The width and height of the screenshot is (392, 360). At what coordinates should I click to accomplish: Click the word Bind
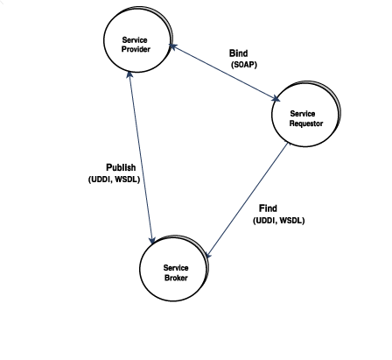tap(239, 53)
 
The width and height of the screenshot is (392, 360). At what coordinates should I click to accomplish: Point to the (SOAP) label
tap(244, 65)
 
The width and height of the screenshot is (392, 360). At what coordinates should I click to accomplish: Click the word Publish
tap(121, 167)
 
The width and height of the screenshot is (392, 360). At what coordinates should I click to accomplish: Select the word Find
tap(268, 208)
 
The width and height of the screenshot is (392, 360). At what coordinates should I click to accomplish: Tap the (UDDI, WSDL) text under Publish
tap(114, 180)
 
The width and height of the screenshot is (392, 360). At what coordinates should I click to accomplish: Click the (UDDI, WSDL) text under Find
tap(279, 221)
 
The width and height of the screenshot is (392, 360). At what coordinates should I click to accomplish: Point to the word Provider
tap(136, 49)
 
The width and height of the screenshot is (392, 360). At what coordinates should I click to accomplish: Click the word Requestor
tap(306, 124)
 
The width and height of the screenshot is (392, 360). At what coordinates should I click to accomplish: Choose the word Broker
tap(176, 278)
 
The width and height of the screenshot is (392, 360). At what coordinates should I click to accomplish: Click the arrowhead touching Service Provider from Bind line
tap(172, 46)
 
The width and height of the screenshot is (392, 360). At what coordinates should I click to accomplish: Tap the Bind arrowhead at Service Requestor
tap(276, 99)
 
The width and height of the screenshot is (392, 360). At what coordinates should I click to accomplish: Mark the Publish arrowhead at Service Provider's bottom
tap(129, 74)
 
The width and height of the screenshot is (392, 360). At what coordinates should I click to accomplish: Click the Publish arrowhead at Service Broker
tap(152, 241)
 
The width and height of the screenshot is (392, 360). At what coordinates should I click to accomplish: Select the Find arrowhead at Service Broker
tap(208, 255)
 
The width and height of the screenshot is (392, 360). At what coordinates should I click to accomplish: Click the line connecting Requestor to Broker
tap(248, 200)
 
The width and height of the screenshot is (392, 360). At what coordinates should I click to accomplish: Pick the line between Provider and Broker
tap(141, 158)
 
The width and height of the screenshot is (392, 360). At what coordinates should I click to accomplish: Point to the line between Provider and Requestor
tap(225, 73)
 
